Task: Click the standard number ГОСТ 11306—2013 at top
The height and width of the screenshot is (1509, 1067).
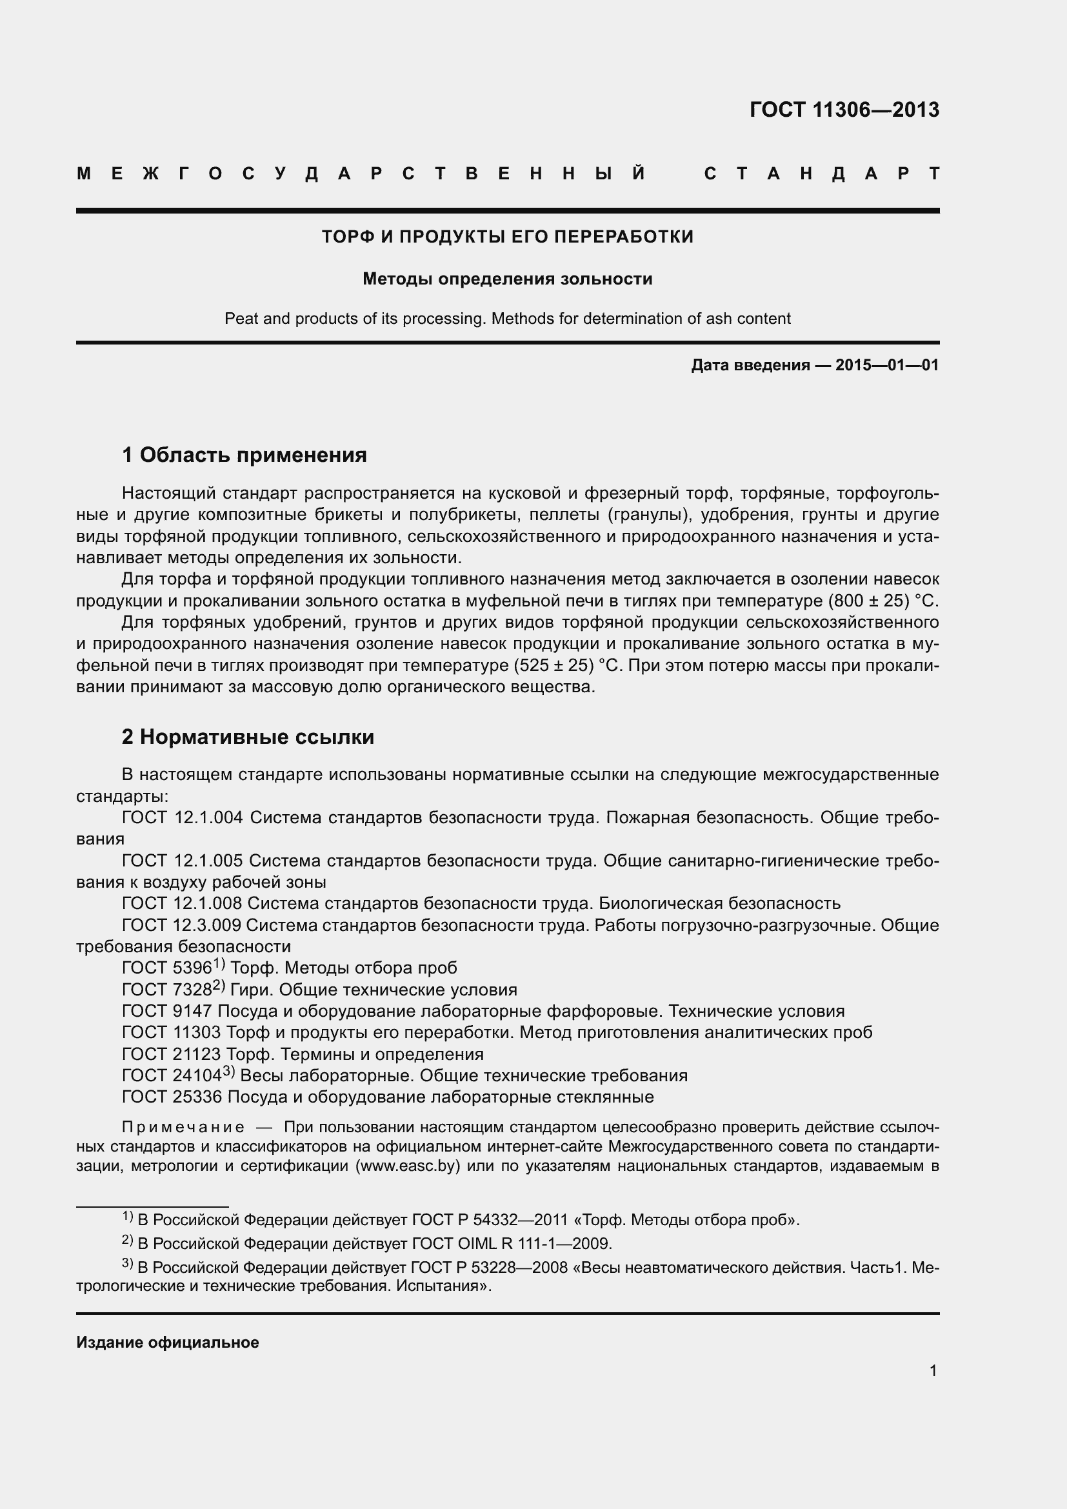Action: (x=844, y=110)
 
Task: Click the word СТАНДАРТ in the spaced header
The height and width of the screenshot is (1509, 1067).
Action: (x=822, y=174)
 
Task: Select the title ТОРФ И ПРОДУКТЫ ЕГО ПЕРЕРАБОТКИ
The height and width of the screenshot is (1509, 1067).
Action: (x=507, y=237)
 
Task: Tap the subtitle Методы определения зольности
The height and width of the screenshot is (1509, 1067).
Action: (x=507, y=279)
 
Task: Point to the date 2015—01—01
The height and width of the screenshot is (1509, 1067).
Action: (x=887, y=365)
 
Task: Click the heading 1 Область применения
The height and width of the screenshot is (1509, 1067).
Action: (x=244, y=455)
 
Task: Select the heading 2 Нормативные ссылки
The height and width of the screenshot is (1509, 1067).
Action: (x=248, y=737)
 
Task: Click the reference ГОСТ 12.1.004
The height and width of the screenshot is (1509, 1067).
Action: (x=183, y=818)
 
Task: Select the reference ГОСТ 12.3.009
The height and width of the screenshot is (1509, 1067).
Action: (x=182, y=925)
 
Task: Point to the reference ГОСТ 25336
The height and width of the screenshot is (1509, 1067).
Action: (x=172, y=1097)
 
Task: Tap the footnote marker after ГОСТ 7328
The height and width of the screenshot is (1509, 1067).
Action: (x=219, y=986)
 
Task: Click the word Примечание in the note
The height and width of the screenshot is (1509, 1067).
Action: (x=183, y=1128)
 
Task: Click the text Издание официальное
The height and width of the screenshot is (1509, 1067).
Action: (x=168, y=1343)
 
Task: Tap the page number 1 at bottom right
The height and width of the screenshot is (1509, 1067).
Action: (x=933, y=1371)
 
